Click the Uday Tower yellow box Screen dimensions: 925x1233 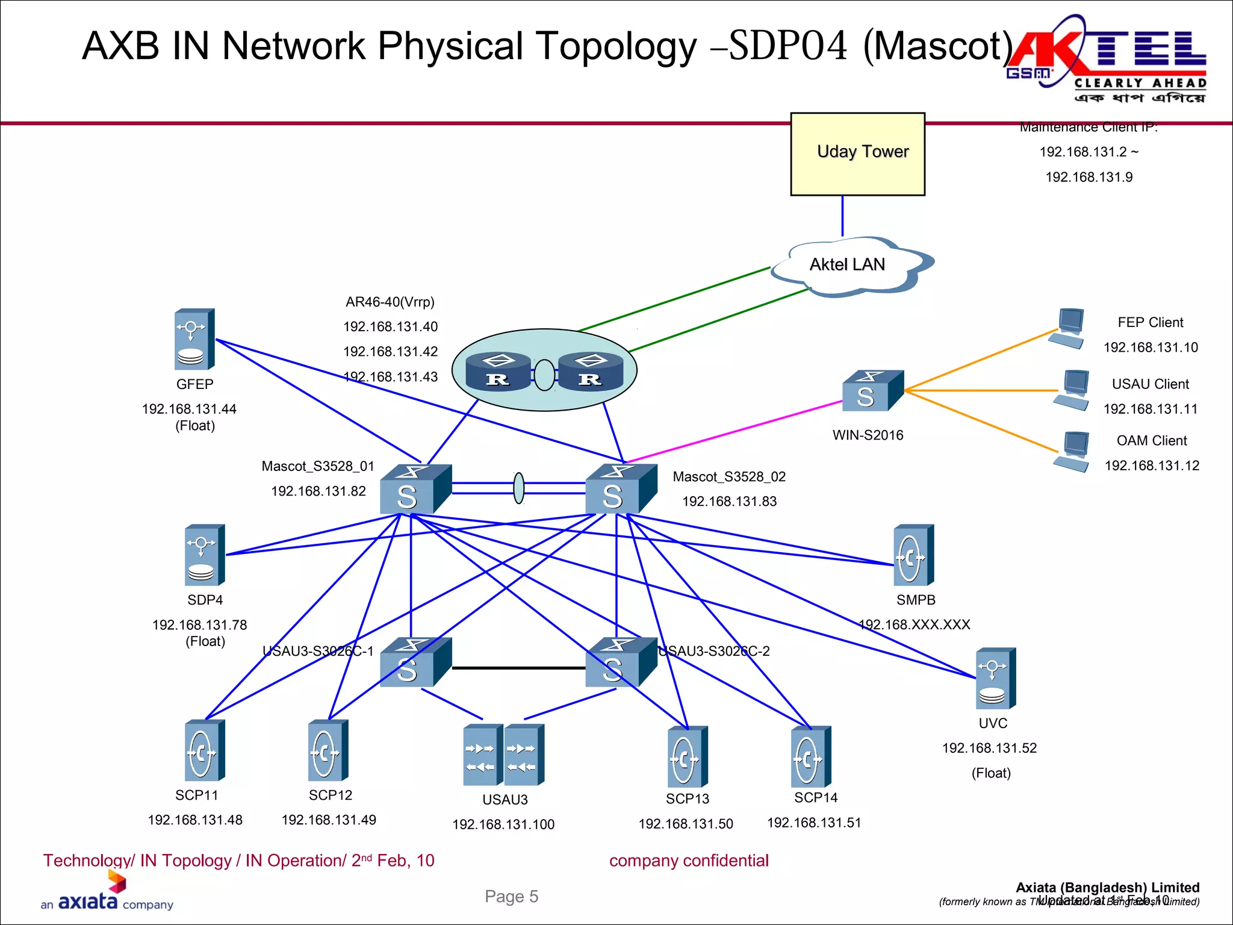click(857, 154)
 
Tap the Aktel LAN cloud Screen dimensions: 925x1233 click(849, 266)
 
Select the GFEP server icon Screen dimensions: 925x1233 click(194, 340)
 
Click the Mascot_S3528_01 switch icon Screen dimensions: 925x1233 click(415, 489)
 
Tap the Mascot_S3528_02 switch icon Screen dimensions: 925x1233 click(620, 489)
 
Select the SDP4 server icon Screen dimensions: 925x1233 click(204, 555)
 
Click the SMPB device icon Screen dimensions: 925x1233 click(913, 555)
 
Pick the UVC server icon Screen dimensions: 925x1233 click(995, 679)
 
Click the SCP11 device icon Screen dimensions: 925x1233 click(204, 750)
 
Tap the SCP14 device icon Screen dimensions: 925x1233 click(810, 757)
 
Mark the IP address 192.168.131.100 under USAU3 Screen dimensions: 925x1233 click(503, 824)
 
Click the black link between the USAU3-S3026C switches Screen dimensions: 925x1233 click(518, 668)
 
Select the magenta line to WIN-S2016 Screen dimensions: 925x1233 click(735, 431)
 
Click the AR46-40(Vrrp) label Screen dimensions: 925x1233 click(390, 302)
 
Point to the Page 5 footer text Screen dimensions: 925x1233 click(511, 897)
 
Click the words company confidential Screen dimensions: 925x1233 click(689, 861)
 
